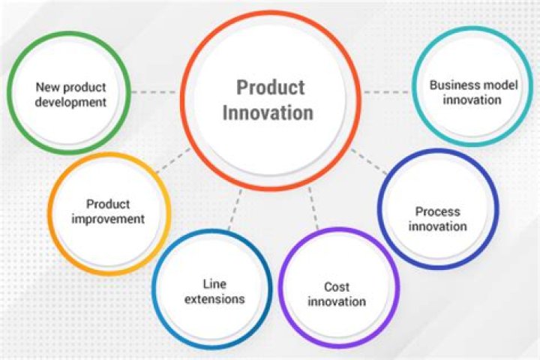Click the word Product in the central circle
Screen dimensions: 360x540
[271, 88]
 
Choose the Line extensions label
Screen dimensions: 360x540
[213, 291]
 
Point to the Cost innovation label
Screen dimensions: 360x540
[337, 294]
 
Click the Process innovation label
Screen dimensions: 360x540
[438, 219]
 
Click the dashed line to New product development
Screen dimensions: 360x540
[153, 92]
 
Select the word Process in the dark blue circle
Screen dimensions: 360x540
[438, 211]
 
